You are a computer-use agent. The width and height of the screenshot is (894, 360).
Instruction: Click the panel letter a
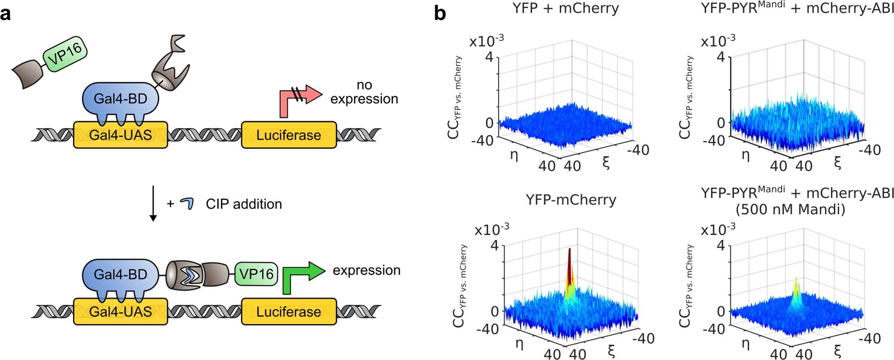point(6,14)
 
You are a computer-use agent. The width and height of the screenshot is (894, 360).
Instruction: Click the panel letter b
point(440,14)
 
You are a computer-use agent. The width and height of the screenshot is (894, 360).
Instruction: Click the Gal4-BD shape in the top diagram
point(120,99)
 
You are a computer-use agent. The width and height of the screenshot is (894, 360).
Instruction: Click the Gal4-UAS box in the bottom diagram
point(120,312)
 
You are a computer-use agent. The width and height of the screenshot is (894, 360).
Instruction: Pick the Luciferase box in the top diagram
point(288,135)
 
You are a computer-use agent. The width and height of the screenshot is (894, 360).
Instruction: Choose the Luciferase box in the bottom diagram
point(288,312)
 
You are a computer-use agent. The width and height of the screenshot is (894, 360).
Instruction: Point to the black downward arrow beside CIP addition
point(153,203)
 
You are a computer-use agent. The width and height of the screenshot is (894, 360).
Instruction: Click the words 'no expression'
point(364,92)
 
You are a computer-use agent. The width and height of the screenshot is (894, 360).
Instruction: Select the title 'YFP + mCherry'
point(565,8)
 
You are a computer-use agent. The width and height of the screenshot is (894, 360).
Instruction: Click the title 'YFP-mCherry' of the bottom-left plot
point(571,199)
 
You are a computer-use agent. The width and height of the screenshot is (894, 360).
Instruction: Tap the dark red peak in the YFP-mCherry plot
point(569,261)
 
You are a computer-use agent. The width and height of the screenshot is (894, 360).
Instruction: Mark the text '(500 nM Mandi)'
point(790,210)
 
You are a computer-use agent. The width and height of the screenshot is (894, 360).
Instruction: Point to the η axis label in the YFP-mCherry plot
point(520,344)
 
